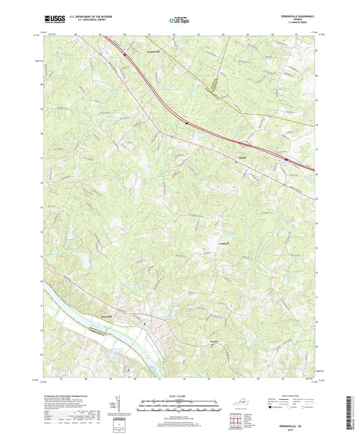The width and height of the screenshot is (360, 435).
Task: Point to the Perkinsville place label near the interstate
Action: (x=137, y=50)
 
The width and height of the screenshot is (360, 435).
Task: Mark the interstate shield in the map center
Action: (x=186, y=123)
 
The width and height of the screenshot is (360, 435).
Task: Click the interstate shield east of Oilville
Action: (x=286, y=160)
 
